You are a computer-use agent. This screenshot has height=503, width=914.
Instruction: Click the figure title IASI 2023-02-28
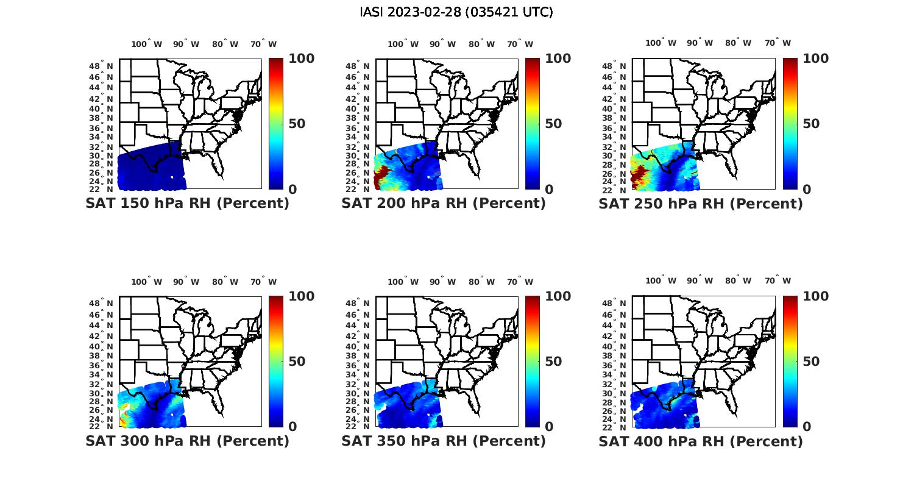(x=456, y=12)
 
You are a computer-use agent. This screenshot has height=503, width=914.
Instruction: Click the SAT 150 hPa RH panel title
(x=187, y=204)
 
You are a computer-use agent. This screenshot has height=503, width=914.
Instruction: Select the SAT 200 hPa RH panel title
(x=444, y=204)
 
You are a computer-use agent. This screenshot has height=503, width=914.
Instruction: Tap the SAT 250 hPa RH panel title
(x=701, y=204)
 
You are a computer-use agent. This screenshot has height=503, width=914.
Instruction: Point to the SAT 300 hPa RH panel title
(x=187, y=441)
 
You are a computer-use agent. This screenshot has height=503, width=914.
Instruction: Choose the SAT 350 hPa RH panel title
(x=444, y=441)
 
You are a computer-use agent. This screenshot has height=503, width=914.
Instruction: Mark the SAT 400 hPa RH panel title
(x=701, y=441)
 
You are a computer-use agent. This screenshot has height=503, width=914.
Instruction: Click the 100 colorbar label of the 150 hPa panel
(x=302, y=59)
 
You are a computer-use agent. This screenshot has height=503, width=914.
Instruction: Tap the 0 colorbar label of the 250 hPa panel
(x=807, y=190)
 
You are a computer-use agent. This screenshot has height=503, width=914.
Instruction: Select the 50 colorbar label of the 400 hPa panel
(x=811, y=362)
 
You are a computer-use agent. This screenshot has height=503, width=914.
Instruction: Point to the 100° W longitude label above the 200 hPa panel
(x=403, y=44)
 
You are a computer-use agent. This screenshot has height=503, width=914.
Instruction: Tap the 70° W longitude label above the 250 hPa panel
(x=778, y=43)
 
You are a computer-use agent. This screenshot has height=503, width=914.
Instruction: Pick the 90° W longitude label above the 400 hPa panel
(x=699, y=280)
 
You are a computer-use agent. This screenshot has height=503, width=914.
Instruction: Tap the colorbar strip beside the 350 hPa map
(x=533, y=362)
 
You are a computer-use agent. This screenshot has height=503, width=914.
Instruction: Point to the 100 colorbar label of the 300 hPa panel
(x=302, y=296)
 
